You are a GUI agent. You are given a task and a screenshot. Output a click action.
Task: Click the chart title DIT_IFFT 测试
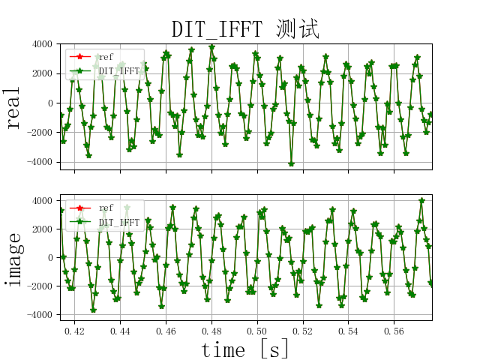pyautogui.click(x=245, y=29)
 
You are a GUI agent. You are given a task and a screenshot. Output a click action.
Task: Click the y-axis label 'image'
pyautogui.click(x=13, y=258)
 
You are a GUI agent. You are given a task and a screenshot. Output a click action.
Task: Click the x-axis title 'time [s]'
pyautogui.click(x=245, y=349)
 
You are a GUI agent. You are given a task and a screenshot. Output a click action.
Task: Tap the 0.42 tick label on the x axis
pyautogui.click(x=74, y=330)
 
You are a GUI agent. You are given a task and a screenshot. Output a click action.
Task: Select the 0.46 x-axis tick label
pyautogui.click(x=166, y=330)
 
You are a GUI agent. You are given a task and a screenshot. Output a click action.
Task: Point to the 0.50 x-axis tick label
pyautogui.click(x=257, y=330)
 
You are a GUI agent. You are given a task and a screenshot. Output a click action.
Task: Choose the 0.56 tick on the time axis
pyautogui.click(x=394, y=330)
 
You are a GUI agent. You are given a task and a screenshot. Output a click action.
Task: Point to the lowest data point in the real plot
pyautogui.click(x=291, y=163)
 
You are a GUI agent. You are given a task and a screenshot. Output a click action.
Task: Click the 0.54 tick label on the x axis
pyautogui.click(x=348, y=330)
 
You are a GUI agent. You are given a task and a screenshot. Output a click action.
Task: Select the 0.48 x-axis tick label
pyautogui.click(x=211, y=330)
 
